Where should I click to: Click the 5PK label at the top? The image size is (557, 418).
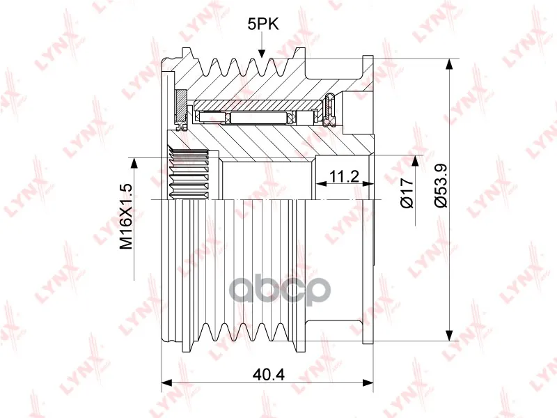[x=263, y=24]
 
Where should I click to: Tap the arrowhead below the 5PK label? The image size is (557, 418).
[x=262, y=53]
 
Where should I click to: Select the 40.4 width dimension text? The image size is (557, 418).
[x=269, y=374]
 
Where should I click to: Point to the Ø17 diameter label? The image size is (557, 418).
[x=407, y=193]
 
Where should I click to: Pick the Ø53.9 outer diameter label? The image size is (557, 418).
[x=441, y=185]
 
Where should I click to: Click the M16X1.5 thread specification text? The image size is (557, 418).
[x=126, y=216]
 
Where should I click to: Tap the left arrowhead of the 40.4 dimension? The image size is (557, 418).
[x=166, y=382]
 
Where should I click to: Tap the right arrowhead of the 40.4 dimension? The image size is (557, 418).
[x=368, y=382]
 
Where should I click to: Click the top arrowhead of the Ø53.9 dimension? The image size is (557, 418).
[x=449, y=64]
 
